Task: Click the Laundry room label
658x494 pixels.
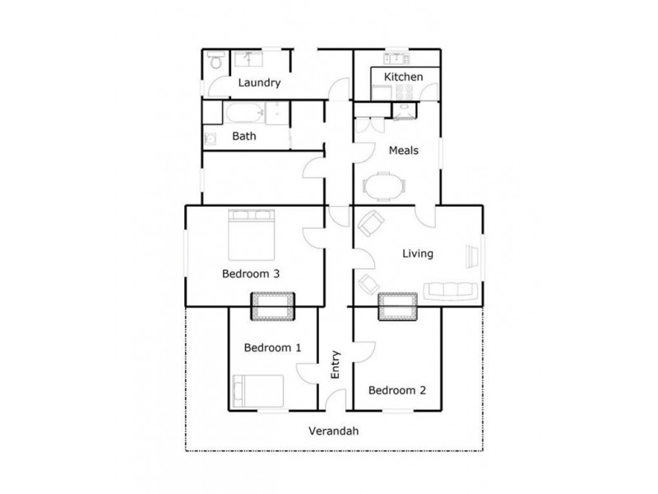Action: click(x=259, y=83)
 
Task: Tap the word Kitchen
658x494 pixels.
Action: click(x=403, y=77)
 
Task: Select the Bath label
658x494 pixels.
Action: click(x=243, y=136)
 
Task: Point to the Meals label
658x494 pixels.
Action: click(x=403, y=151)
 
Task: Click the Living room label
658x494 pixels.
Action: click(x=418, y=254)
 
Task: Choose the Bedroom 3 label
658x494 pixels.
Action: click(x=251, y=274)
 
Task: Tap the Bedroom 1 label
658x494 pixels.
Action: click(x=272, y=347)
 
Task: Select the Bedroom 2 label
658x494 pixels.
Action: click(x=397, y=390)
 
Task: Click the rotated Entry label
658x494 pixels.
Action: click(x=335, y=365)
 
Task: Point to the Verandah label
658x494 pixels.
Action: click(x=334, y=431)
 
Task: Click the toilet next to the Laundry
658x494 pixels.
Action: click(x=215, y=60)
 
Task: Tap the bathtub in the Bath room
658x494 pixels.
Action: click(x=243, y=113)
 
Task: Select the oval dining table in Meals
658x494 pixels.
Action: click(x=384, y=186)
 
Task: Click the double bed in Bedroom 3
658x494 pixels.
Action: click(x=252, y=235)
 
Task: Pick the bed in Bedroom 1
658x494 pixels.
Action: click(x=258, y=391)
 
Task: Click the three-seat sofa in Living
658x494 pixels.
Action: click(x=451, y=291)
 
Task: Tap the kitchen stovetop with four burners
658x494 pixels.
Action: click(x=405, y=92)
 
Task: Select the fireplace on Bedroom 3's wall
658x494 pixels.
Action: click(x=272, y=306)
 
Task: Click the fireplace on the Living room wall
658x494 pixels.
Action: click(x=397, y=306)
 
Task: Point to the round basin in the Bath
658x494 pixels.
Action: click(x=211, y=138)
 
